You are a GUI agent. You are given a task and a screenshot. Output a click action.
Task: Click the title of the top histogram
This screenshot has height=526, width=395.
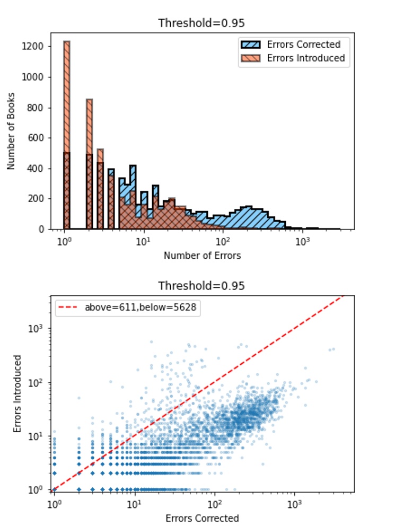point(201,23)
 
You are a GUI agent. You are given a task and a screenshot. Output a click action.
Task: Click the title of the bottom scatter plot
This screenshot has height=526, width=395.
point(201,286)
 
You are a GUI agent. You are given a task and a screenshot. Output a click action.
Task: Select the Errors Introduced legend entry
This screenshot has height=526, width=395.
point(305,58)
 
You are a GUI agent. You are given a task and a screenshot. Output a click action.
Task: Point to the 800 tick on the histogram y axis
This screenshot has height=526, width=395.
point(38,108)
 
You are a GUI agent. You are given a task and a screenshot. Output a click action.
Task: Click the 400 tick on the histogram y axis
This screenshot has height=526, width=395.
point(38,169)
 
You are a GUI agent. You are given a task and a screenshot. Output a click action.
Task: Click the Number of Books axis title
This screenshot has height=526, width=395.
point(11,131)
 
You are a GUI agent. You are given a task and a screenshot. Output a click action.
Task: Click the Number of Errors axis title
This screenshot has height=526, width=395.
point(202,256)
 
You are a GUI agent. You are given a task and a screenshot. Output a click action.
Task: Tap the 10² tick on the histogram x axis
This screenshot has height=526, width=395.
point(223,241)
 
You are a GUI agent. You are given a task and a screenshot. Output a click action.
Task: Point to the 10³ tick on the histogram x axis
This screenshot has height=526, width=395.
point(302,241)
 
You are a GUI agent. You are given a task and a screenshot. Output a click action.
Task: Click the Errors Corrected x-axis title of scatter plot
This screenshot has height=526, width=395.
point(202,518)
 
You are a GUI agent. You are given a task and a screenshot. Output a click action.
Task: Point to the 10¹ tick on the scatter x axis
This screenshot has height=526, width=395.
point(135,504)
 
